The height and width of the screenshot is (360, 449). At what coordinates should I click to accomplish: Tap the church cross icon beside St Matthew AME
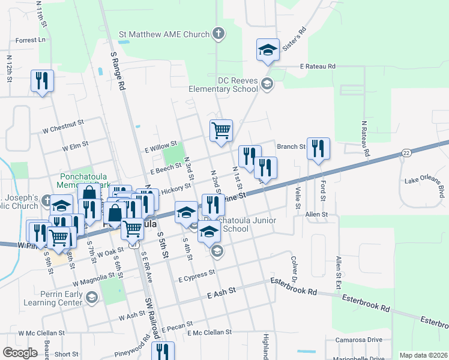[220, 34]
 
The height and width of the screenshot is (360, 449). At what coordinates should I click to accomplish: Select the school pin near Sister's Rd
[268, 51]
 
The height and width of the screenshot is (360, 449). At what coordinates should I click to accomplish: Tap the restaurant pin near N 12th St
[42, 82]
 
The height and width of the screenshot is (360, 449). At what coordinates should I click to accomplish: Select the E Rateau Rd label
[318, 67]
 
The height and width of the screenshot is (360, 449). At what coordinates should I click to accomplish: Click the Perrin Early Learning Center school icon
[91, 297]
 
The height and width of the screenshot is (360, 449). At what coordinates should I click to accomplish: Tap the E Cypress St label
[196, 274]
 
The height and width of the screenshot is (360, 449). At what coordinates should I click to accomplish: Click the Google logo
[20, 353]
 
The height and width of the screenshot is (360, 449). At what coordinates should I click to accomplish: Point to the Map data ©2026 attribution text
[423, 355]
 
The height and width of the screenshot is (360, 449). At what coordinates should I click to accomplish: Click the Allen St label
[316, 214]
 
